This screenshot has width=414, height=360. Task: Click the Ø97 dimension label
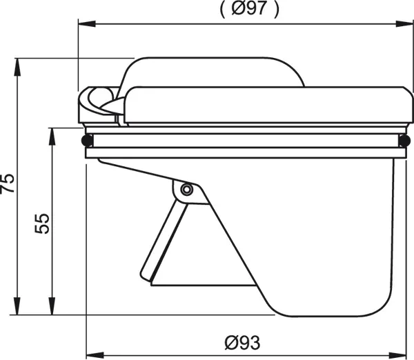click(249, 9)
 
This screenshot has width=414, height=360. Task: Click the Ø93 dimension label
click(242, 343)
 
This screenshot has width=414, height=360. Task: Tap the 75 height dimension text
click(8, 183)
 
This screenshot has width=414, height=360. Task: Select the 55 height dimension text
click(42, 223)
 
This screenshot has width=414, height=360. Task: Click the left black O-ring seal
click(87, 140)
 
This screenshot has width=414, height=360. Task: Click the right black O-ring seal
click(404, 140)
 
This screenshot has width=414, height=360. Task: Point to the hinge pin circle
click(187, 189)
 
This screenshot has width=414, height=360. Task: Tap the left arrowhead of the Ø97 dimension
click(87, 23)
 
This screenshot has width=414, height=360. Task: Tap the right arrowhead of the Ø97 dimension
click(405, 23)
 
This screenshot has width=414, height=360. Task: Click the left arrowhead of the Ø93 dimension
click(95, 355)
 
